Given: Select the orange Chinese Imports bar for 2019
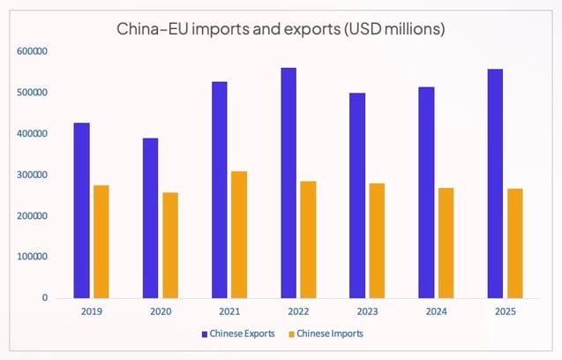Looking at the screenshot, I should pyautogui.click(x=101, y=241).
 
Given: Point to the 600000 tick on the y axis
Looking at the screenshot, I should pyautogui.click(x=32, y=52).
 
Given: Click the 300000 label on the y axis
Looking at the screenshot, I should pyautogui.click(x=32, y=175).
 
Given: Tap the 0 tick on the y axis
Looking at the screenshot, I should pyautogui.click(x=44, y=298).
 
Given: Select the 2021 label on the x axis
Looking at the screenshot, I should pyautogui.click(x=229, y=311).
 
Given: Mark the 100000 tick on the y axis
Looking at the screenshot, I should pyautogui.click(x=32, y=257).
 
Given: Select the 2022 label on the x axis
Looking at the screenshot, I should pyautogui.click(x=297, y=311).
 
